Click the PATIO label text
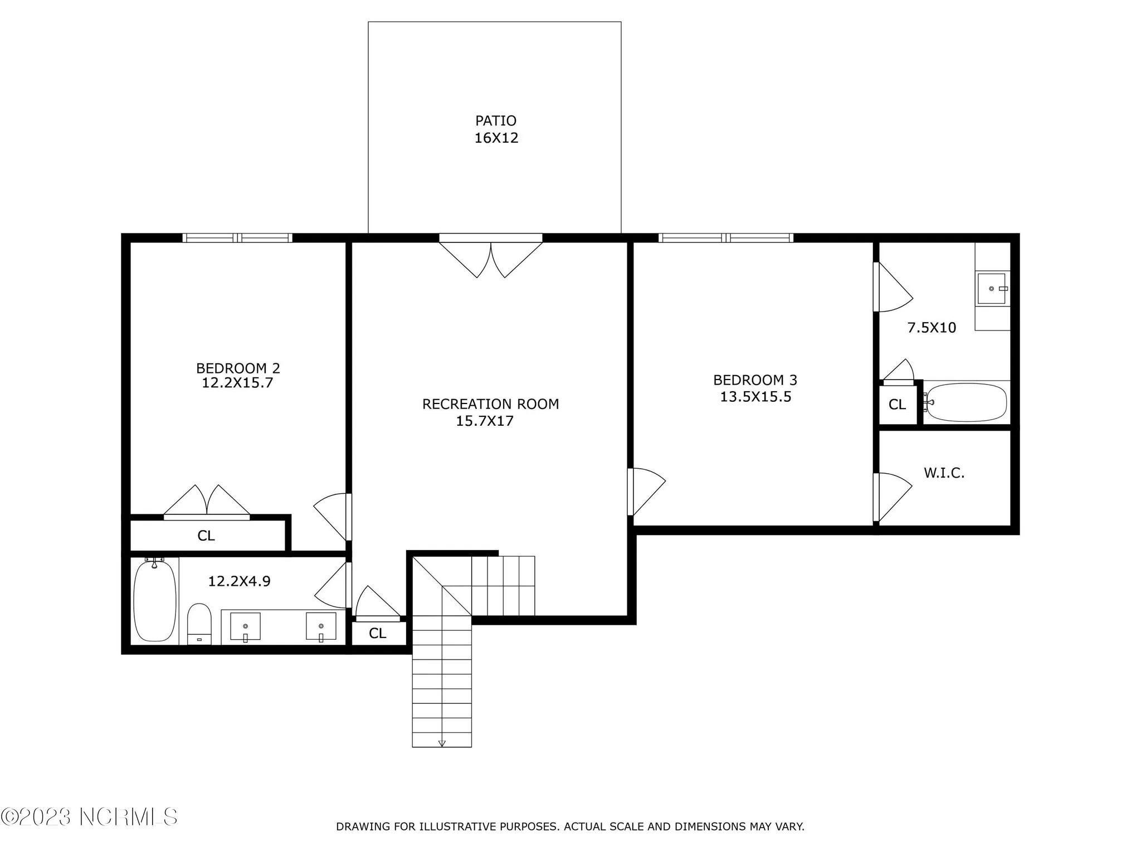tap(495, 120)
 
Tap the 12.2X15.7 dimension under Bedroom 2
tap(237, 383)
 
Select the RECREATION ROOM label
tap(490, 404)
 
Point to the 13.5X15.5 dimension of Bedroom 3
tap(755, 397)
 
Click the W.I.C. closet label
tap(944, 473)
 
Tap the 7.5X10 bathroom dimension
tap(932, 328)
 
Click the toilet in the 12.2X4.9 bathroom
tap(199, 623)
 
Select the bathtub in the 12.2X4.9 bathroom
tap(155, 601)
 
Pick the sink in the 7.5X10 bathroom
tap(992, 289)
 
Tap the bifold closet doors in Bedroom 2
tap(207, 502)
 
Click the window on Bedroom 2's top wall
tap(237, 238)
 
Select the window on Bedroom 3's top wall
tap(726, 238)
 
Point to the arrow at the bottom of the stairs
tap(442, 743)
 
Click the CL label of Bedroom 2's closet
tap(206, 536)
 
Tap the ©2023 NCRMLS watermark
tap(89, 817)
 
